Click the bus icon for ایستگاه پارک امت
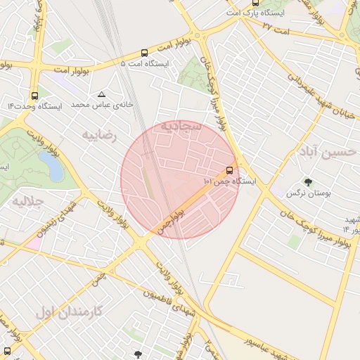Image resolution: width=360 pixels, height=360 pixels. (255, 4)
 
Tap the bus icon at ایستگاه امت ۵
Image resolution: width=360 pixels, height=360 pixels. (144, 53)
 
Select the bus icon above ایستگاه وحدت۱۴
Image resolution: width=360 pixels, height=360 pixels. (34, 96)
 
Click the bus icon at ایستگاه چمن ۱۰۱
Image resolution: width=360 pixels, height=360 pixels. (230, 170)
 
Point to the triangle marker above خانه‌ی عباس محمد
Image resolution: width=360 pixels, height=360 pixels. (102, 94)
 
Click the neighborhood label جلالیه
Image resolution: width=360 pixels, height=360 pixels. (28, 201)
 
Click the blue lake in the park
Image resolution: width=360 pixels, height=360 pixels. (50, 166)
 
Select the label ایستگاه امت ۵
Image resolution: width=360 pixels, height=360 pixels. (146, 63)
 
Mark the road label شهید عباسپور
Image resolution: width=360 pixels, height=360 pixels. (253, 342)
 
